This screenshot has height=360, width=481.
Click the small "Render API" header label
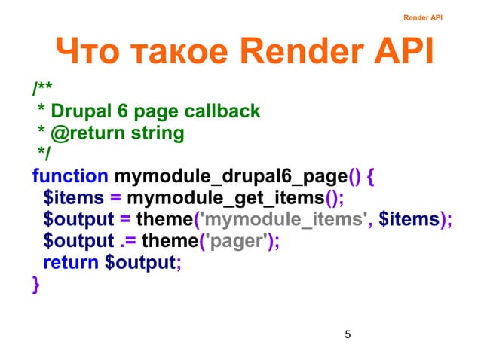click(x=422, y=17)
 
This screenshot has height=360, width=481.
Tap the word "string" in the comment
click(x=153, y=133)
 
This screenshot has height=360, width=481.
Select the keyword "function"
click(x=69, y=177)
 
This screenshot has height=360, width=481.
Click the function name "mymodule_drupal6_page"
click(x=231, y=177)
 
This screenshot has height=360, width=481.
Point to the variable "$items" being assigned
click(x=70, y=199)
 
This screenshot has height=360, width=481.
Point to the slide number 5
click(x=346, y=334)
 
